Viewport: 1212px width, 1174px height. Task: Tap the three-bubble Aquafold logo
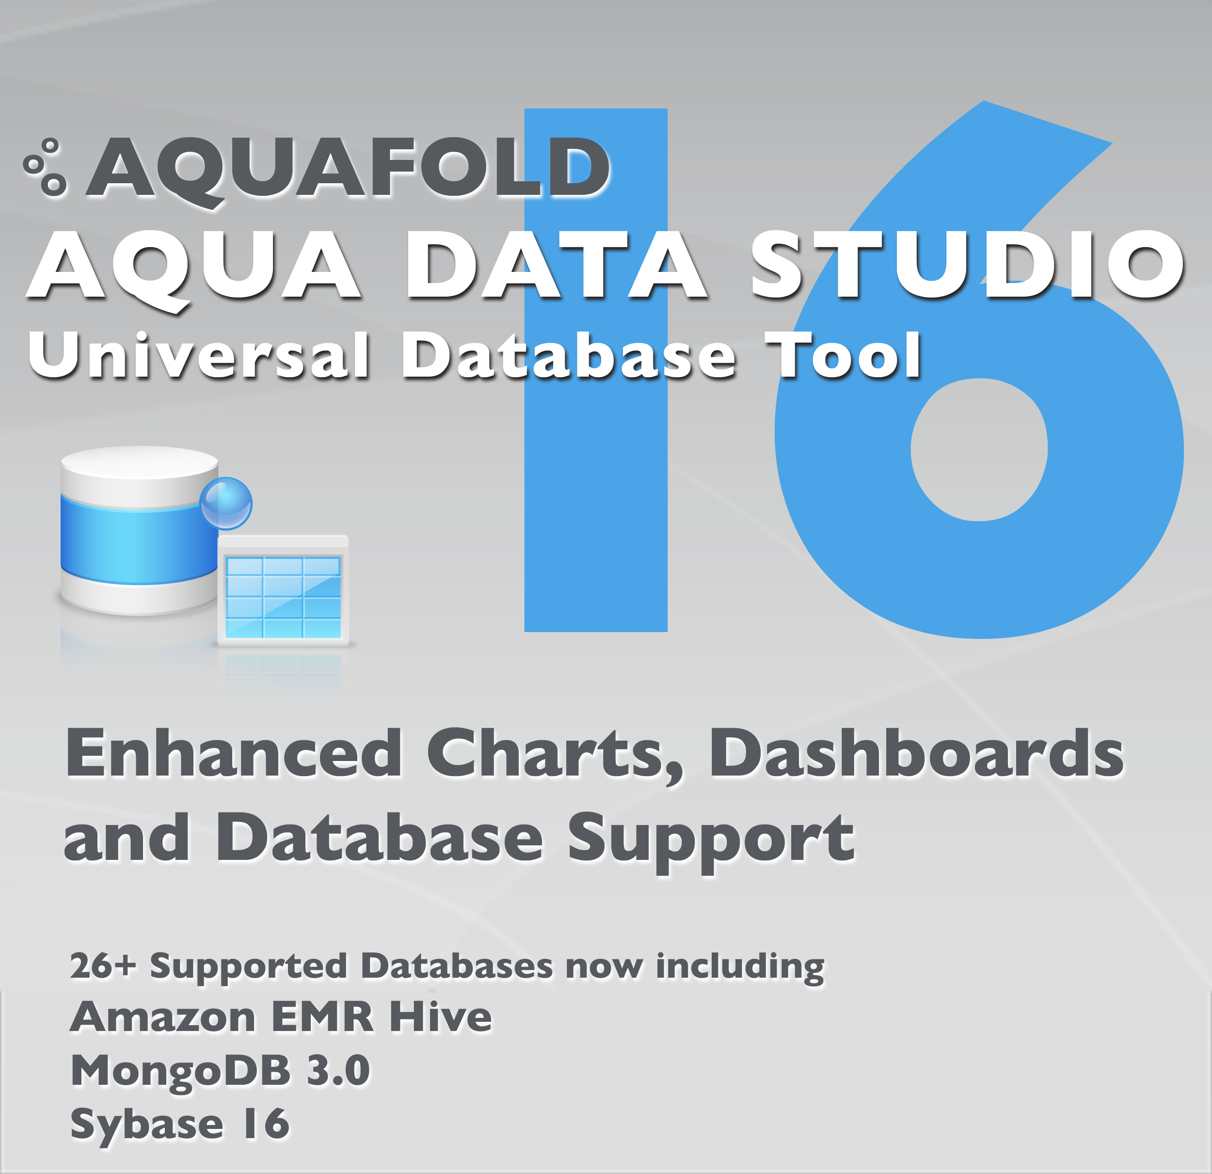point(45,167)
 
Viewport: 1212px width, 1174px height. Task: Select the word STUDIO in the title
point(967,265)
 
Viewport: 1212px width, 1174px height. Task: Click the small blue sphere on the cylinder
point(226,503)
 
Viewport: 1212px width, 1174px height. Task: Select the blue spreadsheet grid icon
point(283,591)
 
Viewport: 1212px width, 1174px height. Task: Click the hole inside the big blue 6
point(979,450)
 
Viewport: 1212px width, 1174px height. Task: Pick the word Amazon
point(162,1017)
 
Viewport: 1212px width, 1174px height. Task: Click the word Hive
point(440,1017)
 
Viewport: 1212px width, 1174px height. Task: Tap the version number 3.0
point(339,1071)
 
